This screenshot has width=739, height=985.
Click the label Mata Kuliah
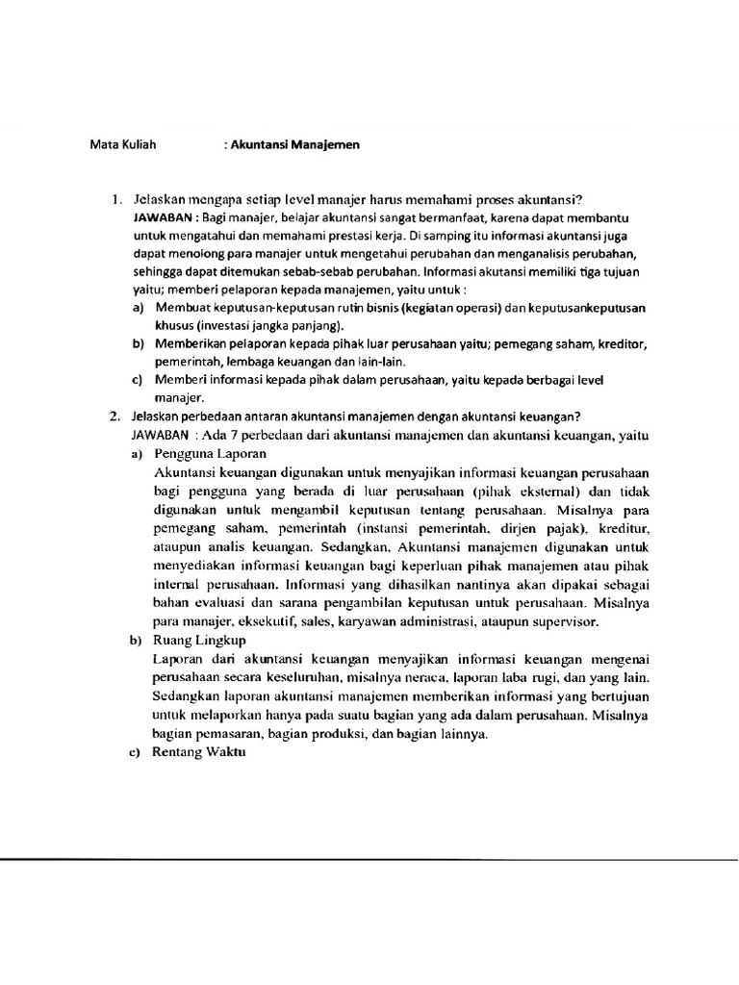(122, 145)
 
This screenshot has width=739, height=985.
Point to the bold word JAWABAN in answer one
(165, 219)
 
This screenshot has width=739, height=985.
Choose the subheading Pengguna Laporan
(209, 454)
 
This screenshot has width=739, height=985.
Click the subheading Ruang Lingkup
(199, 641)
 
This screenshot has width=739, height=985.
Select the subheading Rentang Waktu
(199, 753)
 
